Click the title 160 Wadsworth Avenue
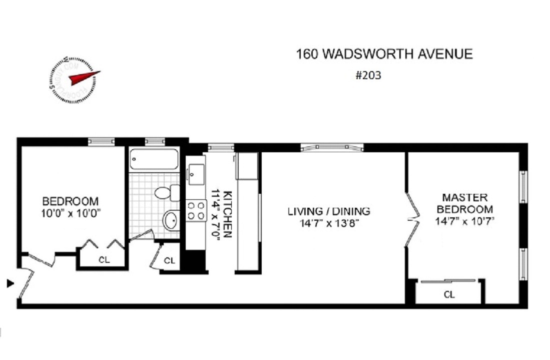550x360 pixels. (x=384, y=54)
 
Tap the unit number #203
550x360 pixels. (x=368, y=76)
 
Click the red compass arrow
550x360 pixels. (x=84, y=77)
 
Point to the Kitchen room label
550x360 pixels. (x=222, y=214)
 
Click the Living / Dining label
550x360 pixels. (x=328, y=217)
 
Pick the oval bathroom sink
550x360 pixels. (x=171, y=219)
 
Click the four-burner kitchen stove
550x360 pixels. (x=196, y=210)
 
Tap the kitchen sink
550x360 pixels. (x=195, y=172)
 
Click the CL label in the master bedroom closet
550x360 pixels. (x=449, y=295)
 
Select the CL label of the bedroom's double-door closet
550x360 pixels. (x=104, y=260)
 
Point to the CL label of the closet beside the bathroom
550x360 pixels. (x=170, y=261)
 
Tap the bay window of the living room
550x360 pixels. (x=332, y=147)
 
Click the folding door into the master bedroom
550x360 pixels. (x=411, y=219)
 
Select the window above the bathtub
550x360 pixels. (x=155, y=142)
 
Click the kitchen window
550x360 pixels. (x=221, y=147)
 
